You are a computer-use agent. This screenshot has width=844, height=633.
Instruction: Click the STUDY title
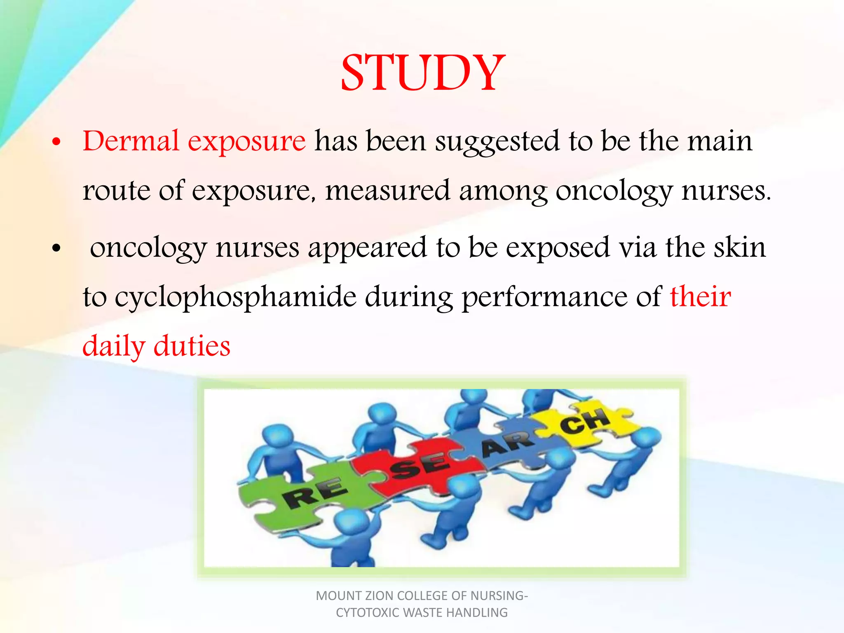(423, 73)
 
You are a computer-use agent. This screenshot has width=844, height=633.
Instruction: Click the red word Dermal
(131, 141)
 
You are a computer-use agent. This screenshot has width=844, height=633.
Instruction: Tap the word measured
(387, 191)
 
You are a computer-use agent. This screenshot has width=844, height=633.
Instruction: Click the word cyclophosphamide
(235, 298)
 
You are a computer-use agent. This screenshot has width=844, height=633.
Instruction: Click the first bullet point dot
(56, 143)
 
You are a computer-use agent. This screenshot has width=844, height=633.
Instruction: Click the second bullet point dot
(56, 249)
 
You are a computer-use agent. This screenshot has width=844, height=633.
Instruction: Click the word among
(503, 191)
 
